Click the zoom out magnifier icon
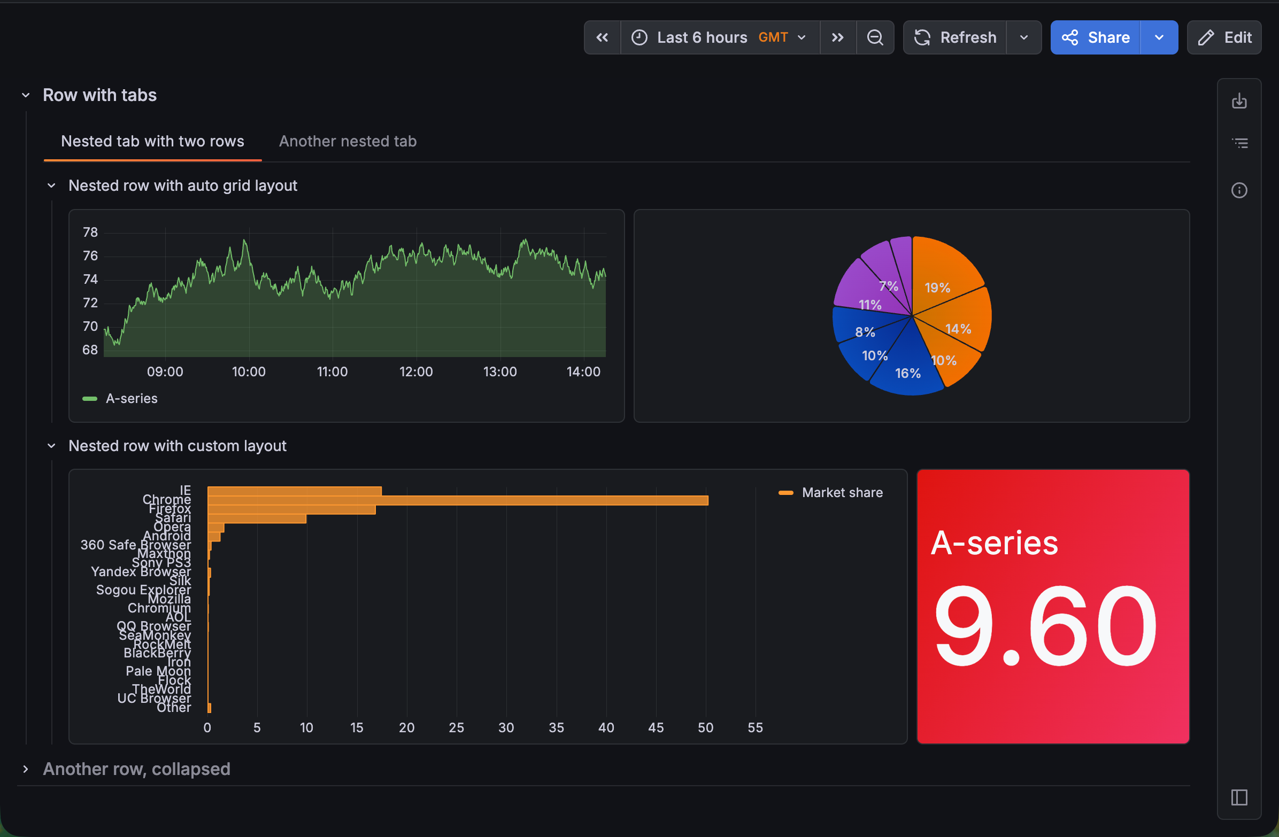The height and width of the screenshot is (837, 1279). (874, 37)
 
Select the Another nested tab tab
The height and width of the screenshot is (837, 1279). (347, 141)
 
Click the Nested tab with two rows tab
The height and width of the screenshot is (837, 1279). (152, 141)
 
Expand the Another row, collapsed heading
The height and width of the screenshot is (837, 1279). (136, 769)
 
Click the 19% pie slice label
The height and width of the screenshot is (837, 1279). (937, 288)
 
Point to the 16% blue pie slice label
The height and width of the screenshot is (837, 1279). (907, 374)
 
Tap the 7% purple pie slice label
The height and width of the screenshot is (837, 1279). (888, 286)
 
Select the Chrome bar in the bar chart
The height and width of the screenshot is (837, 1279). (457, 500)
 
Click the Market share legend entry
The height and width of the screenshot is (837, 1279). (842, 493)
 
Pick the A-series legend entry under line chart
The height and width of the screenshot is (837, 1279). (130, 399)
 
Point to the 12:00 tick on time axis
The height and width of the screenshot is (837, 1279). (415, 372)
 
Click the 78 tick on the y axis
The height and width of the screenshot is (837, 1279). (90, 232)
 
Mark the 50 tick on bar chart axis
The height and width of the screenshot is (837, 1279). (705, 727)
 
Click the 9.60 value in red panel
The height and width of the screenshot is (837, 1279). (1044, 626)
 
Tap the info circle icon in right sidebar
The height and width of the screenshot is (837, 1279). (1239, 190)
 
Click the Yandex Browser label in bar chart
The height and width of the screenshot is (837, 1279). (140, 571)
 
